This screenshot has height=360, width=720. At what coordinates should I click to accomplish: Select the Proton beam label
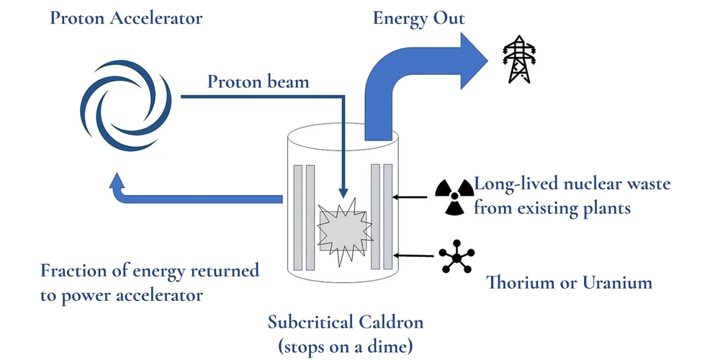tap(258, 81)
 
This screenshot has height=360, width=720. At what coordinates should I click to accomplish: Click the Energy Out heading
tap(418, 18)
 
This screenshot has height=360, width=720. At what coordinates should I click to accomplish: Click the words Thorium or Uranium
tap(570, 282)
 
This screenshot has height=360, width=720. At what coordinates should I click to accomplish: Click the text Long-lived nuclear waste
tap(572, 184)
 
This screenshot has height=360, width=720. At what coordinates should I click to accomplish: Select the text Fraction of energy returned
tap(150, 271)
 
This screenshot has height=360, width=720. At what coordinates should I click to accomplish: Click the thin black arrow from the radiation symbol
tap(414, 196)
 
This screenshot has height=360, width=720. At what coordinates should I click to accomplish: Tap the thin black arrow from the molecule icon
tap(415, 255)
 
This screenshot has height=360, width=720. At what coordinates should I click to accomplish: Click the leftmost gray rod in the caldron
tap(297, 216)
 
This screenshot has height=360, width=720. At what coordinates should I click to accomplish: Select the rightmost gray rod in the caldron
tap(388, 216)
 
